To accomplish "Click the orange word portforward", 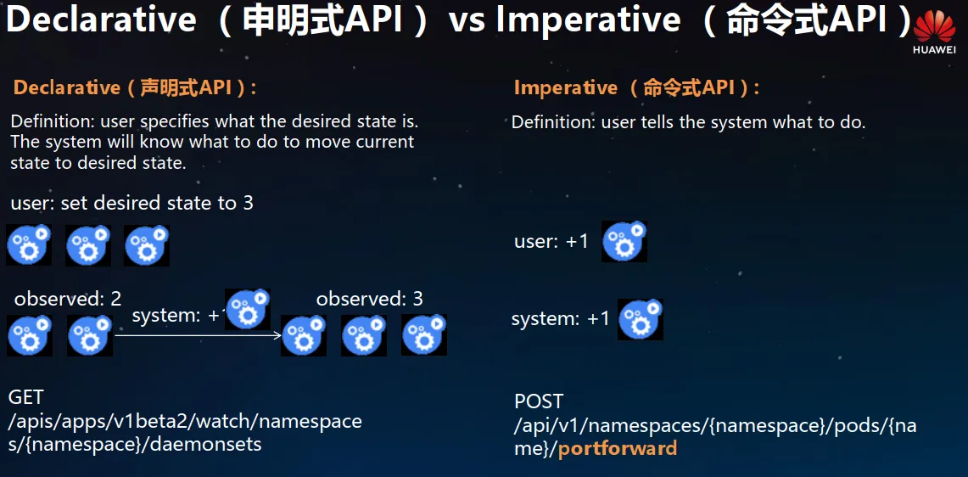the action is pyautogui.click(x=618, y=448).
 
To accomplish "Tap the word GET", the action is pyautogui.click(x=27, y=397).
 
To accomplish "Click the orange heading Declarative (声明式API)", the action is pyautogui.click(x=135, y=87).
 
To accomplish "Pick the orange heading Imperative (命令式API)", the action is pyautogui.click(x=636, y=87).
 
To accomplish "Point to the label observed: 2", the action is pyautogui.click(x=68, y=300).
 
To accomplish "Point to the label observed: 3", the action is pyautogui.click(x=370, y=300).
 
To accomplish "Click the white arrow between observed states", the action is pyautogui.click(x=199, y=335).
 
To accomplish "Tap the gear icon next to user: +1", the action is pyautogui.click(x=624, y=241).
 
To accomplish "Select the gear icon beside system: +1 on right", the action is pyautogui.click(x=641, y=319).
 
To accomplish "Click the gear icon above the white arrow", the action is pyautogui.click(x=248, y=309).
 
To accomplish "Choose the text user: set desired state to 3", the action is pyautogui.click(x=132, y=203).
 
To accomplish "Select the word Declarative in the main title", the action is pyautogui.click(x=102, y=21).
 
